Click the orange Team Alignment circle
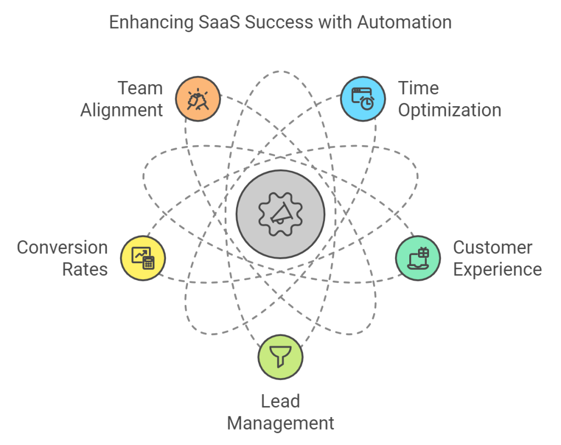click(x=198, y=99)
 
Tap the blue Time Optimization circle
click(x=363, y=99)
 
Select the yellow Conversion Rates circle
click(x=143, y=258)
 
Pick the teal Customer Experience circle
click(x=418, y=258)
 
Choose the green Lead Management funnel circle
click(x=280, y=357)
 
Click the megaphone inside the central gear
click(x=280, y=213)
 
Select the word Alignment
click(x=122, y=110)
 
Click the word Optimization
click(x=449, y=110)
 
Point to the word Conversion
click(x=62, y=247)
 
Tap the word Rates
click(x=84, y=269)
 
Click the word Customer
click(x=493, y=247)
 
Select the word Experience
click(x=497, y=269)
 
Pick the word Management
click(x=280, y=423)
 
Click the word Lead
click(x=280, y=401)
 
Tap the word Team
click(x=141, y=88)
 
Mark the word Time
click(x=419, y=88)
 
